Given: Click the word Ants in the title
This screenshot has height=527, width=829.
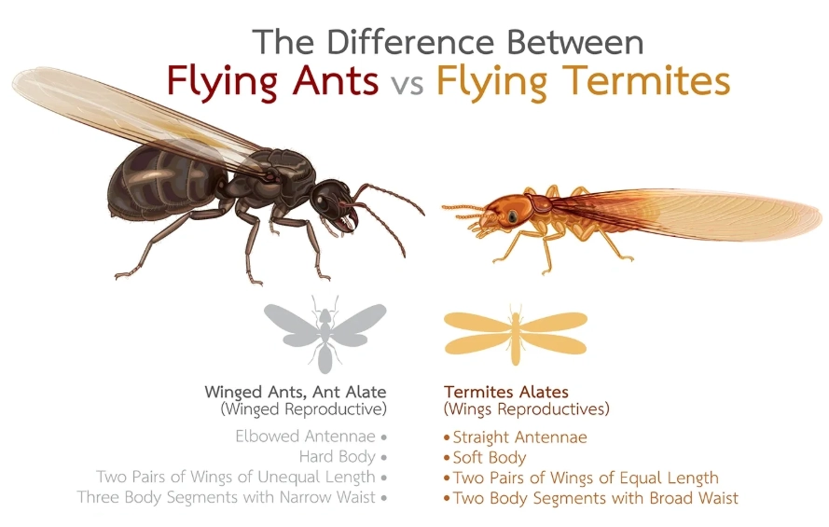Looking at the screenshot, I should [x=326, y=81].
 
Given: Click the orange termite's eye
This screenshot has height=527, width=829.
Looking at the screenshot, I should [x=512, y=216].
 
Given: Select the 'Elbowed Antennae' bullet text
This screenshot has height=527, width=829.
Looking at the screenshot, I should [x=304, y=436].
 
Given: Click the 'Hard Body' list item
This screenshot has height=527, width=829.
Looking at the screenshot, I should [x=337, y=457].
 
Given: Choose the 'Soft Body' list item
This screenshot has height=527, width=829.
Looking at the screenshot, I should [x=490, y=458].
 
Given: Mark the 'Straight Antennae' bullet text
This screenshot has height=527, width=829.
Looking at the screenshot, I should [x=519, y=437].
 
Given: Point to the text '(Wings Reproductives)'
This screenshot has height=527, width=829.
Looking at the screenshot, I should [x=527, y=409].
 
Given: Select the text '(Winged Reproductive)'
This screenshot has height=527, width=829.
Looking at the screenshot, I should [x=304, y=409].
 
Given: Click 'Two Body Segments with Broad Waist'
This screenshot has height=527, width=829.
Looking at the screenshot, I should [x=595, y=498].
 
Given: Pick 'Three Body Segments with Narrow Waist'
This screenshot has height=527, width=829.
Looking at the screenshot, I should [x=226, y=497].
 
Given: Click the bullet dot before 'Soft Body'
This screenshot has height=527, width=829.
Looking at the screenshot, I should [x=447, y=458].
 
